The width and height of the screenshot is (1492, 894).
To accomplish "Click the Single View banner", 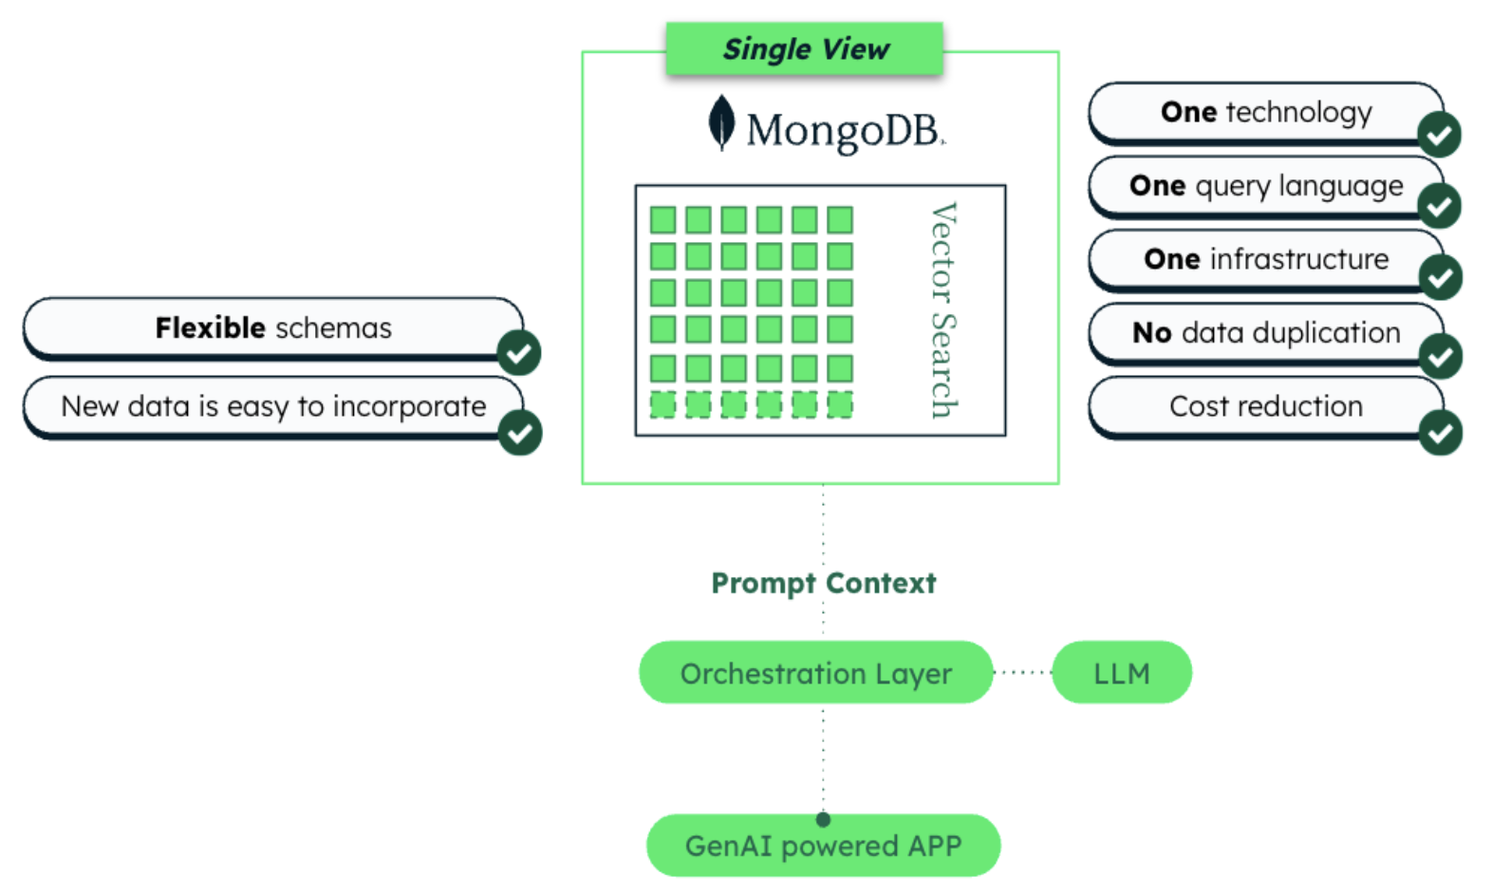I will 805,48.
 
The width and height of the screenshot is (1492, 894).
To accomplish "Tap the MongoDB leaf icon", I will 721,123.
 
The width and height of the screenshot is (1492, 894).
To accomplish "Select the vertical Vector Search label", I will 942,310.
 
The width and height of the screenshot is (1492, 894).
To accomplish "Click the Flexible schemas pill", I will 273,328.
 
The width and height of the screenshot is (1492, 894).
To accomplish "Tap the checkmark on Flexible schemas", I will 519,354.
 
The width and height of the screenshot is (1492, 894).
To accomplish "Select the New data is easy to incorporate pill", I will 273,407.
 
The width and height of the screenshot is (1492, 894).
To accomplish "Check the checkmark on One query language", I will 1440,206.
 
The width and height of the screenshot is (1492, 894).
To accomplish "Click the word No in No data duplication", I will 1151,333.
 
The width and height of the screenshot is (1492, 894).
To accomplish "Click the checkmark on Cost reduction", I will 1441,434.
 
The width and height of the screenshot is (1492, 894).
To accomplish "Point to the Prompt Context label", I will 823,583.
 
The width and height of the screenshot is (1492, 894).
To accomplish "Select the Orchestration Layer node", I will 815,673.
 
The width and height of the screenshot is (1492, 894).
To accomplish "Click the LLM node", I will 1121,673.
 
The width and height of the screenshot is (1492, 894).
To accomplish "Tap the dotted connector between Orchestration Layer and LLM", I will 1022,672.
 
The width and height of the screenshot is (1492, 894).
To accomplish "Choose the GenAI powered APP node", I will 823,847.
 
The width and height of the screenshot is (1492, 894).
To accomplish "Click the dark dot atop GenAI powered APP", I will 823,819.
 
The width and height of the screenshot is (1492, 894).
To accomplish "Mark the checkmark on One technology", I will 1440,135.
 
